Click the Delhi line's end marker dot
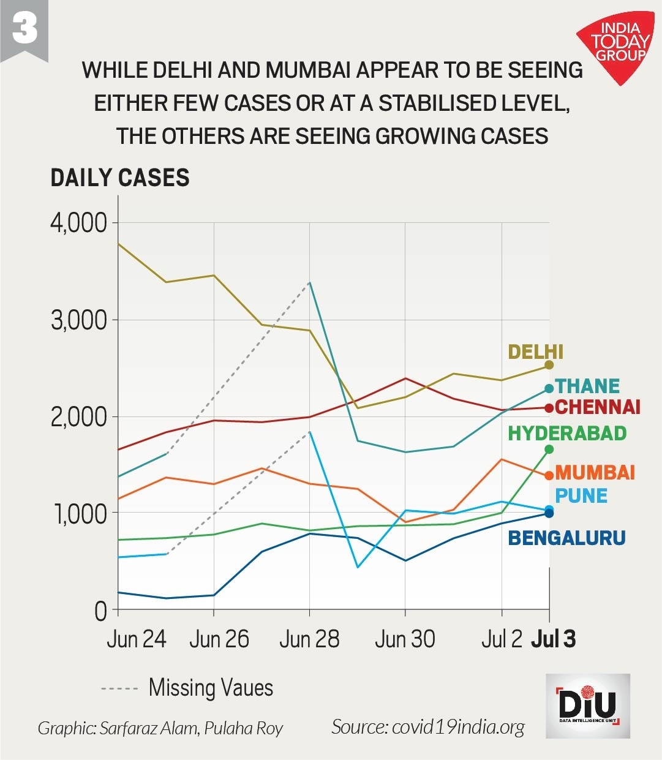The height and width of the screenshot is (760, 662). (x=549, y=365)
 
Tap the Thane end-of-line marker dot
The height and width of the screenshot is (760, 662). (x=549, y=389)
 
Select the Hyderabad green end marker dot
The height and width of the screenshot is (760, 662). (x=549, y=450)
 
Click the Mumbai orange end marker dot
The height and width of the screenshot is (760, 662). (x=549, y=476)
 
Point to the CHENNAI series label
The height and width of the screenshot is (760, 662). (x=597, y=407)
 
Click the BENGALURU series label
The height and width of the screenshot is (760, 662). (x=566, y=538)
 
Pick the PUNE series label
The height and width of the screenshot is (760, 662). (x=581, y=496)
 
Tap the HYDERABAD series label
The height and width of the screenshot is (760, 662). (x=567, y=434)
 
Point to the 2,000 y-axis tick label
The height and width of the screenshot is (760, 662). (x=79, y=416)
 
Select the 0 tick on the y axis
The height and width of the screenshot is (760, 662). (x=101, y=611)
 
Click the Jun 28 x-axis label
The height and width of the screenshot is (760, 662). (x=309, y=639)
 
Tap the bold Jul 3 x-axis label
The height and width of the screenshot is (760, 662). (x=553, y=639)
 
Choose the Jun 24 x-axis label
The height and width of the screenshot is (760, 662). (x=136, y=639)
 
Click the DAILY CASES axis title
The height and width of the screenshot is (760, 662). (x=120, y=178)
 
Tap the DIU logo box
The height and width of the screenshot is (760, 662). (x=588, y=705)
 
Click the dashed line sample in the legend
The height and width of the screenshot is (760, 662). (x=119, y=689)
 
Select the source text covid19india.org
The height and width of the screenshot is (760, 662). (x=428, y=727)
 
